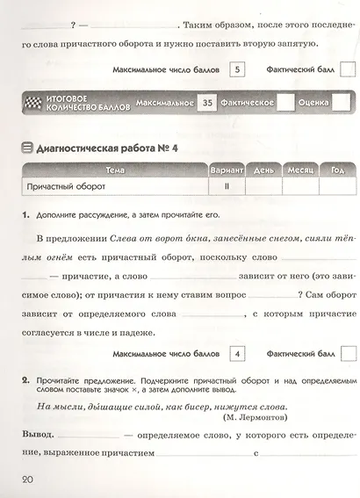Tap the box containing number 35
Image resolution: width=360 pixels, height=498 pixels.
(x=207, y=104)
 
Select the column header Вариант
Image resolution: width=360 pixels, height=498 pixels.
(x=226, y=169)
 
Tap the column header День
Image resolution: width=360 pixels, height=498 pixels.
(x=262, y=169)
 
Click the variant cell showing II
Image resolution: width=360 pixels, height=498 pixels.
(x=226, y=186)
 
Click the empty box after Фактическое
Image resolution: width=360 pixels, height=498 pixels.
(x=285, y=104)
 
